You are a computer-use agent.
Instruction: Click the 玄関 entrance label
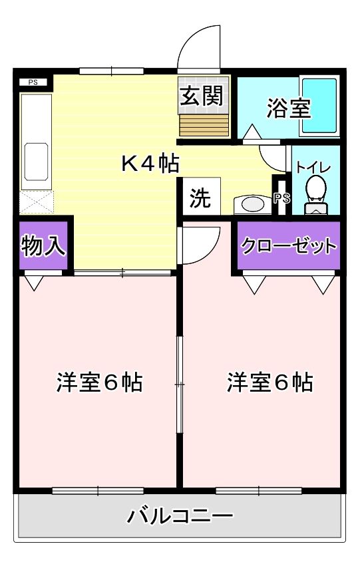[x=200, y=97]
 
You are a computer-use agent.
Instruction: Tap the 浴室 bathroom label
[x=289, y=108]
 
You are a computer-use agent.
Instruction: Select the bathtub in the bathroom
[x=319, y=106]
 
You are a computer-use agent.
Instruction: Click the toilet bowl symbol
[x=316, y=190]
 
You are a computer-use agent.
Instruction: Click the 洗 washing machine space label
[x=199, y=199]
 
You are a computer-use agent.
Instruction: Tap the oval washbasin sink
[x=253, y=204]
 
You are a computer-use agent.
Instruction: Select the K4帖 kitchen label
[x=150, y=163]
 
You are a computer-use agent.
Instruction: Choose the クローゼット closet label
[x=289, y=247]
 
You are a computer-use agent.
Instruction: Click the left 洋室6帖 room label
[x=99, y=382]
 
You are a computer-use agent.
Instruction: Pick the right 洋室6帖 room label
[x=270, y=382]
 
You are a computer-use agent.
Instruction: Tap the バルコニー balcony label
[x=180, y=515]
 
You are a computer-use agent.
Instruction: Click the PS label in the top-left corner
[x=33, y=82]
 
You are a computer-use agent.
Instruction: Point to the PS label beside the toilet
[x=281, y=198]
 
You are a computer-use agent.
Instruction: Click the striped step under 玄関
[x=203, y=124]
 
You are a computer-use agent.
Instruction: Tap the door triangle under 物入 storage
[x=33, y=283]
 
